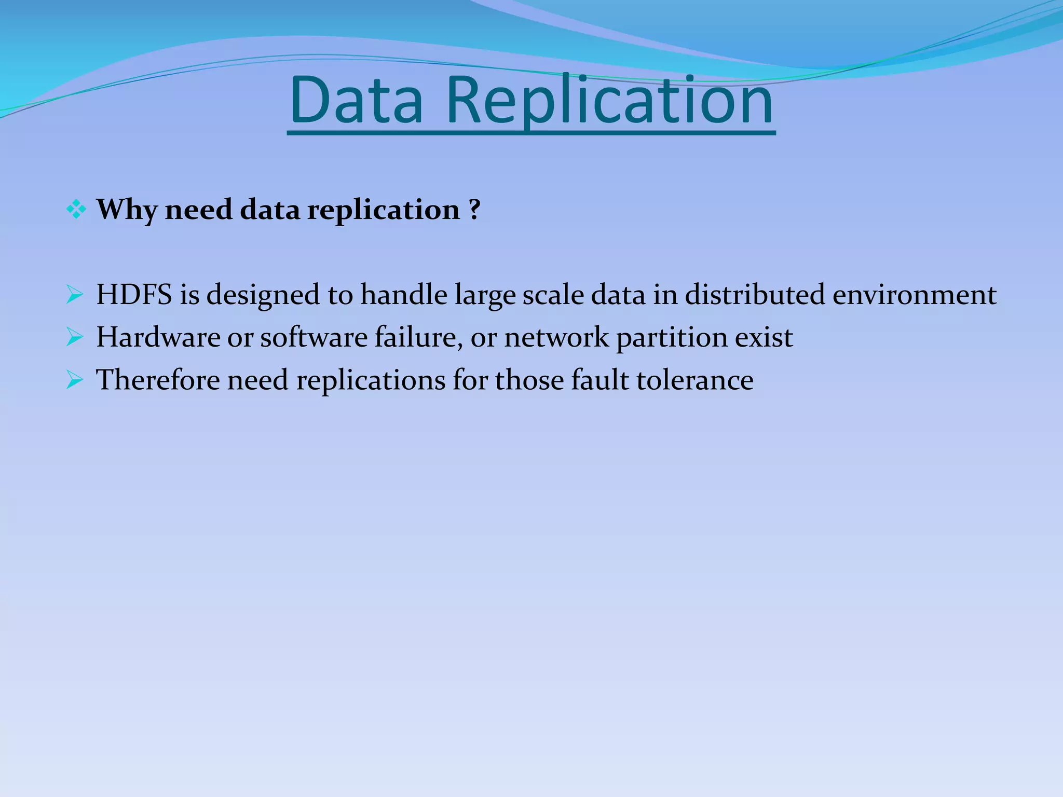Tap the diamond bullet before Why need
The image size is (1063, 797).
76,210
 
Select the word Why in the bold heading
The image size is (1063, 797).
127,210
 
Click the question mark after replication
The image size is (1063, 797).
473,209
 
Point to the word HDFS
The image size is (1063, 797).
134,295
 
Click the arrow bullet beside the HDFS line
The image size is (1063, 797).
75,295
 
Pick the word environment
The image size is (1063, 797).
915,295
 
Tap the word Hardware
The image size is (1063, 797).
158,337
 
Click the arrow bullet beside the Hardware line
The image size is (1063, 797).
75,338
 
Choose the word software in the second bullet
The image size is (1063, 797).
314,337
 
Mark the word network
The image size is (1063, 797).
556,337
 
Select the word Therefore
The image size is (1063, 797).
158,380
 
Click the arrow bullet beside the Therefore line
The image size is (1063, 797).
75,381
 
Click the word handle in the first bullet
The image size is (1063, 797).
404,295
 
